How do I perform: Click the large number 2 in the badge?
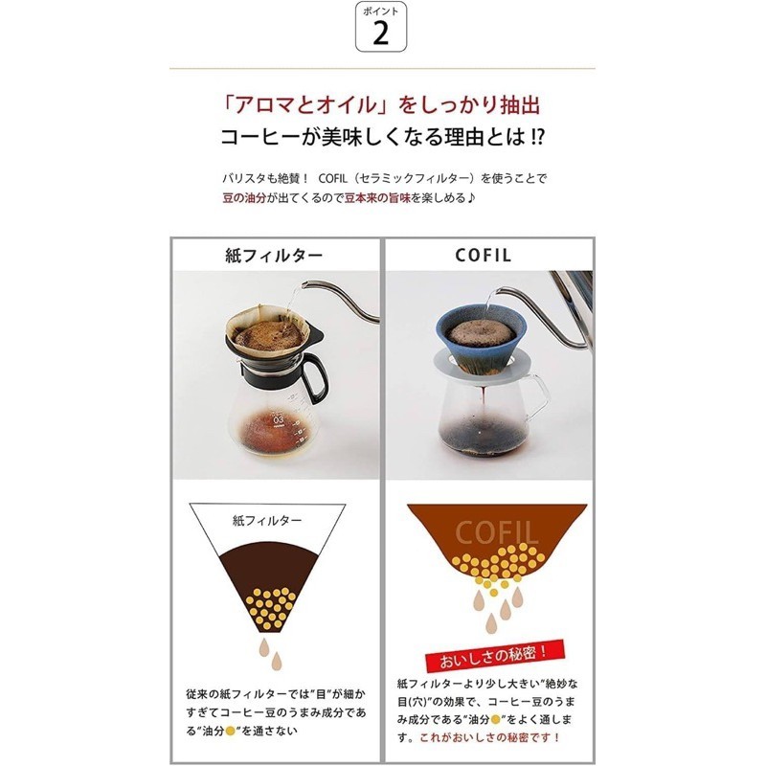pyautogui.click(x=380, y=34)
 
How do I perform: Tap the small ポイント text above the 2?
pyautogui.click(x=380, y=11)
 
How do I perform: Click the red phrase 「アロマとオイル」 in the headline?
pyautogui.click(x=304, y=105)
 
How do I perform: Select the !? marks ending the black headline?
pyautogui.click(x=536, y=137)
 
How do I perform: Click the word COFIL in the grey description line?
pyautogui.click(x=332, y=178)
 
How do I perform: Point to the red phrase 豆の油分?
pyautogui.click(x=244, y=198)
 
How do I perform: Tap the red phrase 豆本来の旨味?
pyautogui.click(x=377, y=198)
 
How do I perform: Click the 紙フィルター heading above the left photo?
pyautogui.click(x=274, y=256)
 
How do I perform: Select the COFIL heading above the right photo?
pyautogui.click(x=484, y=255)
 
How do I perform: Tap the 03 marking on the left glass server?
pyautogui.click(x=278, y=419)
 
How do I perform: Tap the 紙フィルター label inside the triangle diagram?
pyautogui.click(x=267, y=521)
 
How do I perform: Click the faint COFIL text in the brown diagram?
pyautogui.click(x=496, y=533)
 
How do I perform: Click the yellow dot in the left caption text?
pyautogui.click(x=230, y=732)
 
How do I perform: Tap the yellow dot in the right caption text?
pyautogui.click(x=495, y=719)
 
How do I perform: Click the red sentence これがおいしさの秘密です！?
pyautogui.click(x=490, y=737)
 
